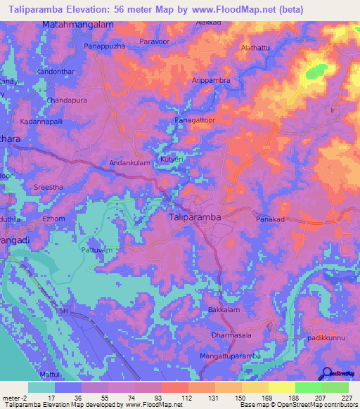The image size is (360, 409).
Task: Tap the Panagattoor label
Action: tap(197, 121)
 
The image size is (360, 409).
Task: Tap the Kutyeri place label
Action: tap(172, 160)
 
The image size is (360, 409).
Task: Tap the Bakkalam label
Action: tap(224, 310)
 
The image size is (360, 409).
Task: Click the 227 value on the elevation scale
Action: tap(345, 398)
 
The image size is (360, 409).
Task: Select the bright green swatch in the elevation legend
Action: tap(308, 387)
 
